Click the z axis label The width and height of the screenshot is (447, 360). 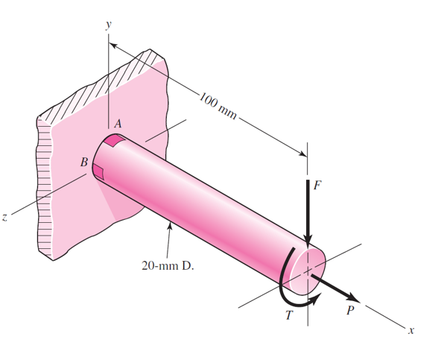pos(5,218)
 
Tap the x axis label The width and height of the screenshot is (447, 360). pos(410,329)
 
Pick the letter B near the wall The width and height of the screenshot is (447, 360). pos(84,162)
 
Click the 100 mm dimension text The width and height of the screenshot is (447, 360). pos(219,107)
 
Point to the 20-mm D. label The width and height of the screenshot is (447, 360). pos(168,265)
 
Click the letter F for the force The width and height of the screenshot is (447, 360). pos(317,186)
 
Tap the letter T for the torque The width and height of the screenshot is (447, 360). pos(289,315)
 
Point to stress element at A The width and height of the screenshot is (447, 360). pos(115,139)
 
